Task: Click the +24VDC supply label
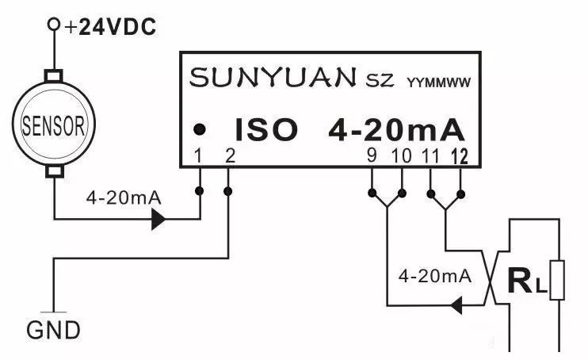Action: (x=111, y=28)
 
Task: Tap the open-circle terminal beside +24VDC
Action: (x=54, y=25)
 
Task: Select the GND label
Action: (x=54, y=329)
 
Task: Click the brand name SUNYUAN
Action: (x=273, y=78)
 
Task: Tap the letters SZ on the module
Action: (x=380, y=80)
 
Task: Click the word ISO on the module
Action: (x=266, y=129)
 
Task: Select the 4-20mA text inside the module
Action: (x=396, y=129)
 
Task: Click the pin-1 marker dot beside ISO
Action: (x=202, y=128)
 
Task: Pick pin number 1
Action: (x=200, y=155)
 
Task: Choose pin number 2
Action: (x=229, y=155)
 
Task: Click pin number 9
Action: (x=372, y=155)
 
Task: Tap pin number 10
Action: (x=401, y=155)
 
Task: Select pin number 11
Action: (x=431, y=155)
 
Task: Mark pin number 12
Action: (x=460, y=155)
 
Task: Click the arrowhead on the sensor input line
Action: (x=159, y=219)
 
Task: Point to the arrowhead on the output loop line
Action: (x=457, y=304)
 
